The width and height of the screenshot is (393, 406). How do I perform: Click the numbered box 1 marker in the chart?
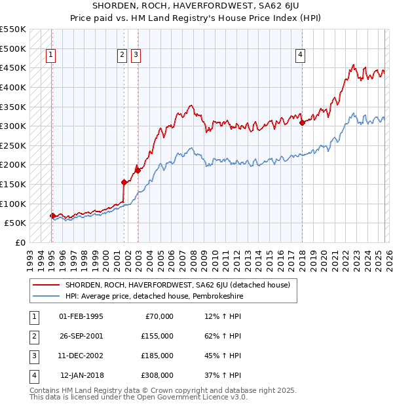51,56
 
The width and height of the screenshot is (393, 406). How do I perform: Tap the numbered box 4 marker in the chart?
300,56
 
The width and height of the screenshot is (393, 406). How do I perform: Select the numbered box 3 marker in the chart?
136,56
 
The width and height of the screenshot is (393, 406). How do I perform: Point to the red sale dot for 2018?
302,122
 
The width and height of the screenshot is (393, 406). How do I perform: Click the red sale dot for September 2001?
124,182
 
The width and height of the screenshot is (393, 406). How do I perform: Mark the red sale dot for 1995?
52,215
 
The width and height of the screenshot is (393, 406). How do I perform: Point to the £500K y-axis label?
13,48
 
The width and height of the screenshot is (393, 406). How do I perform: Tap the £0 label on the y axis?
20,242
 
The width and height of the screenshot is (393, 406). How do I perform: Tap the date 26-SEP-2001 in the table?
81,336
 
